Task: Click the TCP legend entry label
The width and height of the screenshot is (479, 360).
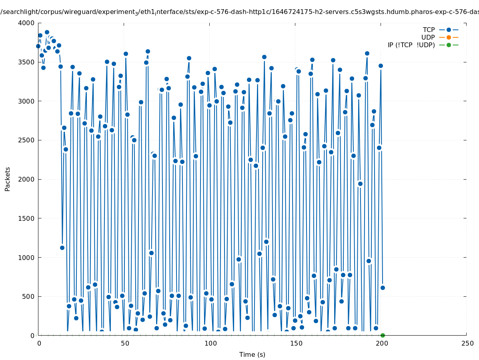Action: point(429,30)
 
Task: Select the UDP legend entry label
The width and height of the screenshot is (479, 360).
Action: point(428,37)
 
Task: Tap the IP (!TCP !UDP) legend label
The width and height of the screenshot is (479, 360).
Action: point(411,45)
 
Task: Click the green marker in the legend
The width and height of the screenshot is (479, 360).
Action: point(449,45)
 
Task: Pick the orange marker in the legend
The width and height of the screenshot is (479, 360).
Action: point(449,37)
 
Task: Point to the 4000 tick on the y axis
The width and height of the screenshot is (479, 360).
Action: point(27,23)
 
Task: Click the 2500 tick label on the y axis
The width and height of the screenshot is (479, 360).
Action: point(27,140)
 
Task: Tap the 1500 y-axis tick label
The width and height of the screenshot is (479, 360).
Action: point(27,218)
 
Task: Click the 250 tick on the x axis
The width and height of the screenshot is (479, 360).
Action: point(467,343)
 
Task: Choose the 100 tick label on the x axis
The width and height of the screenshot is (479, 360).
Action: point(210,343)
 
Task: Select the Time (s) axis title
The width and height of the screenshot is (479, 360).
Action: point(252,354)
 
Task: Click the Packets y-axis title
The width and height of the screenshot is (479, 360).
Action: point(8,179)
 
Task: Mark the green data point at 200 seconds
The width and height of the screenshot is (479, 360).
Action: point(383,335)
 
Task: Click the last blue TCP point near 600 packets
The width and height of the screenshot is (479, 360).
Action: point(383,288)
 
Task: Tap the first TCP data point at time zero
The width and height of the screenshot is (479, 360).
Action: point(38,46)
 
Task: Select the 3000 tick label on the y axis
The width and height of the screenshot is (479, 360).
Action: point(27,101)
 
